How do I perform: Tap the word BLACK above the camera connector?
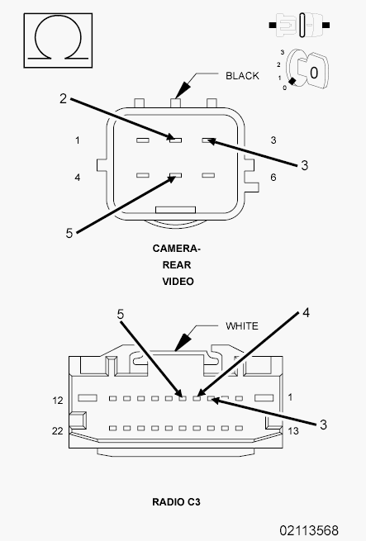pyautogui.click(x=242, y=76)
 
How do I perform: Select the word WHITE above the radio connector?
pyautogui.click(x=242, y=326)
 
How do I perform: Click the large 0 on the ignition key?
pyautogui.click(x=313, y=73)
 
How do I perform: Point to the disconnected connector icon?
pyautogui.click(x=299, y=25)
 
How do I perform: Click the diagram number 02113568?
pyautogui.click(x=309, y=530)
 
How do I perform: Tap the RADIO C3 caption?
pyautogui.click(x=176, y=502)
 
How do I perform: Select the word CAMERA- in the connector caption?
pyautogui.click(x=176, y=249)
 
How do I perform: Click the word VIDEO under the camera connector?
pyautogui.click(x=178, y=282)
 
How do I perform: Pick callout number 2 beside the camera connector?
pyautogui.click(x=63, y=98)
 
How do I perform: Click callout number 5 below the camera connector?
pyautogui.click(x=69, y=233)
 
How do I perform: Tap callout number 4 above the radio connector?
pyautogui.click(x=306, y=312)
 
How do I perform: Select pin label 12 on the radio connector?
pyautogui.click(x=58, y=401)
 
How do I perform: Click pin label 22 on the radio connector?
pyautogui.click(x=57, y=431)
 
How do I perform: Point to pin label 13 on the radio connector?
pyautogui.click(x=293, y=431)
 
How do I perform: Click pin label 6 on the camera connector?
pyautogui.click(x=273, y=178)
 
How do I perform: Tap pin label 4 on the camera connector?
pyautogui.click(x=78, y=178)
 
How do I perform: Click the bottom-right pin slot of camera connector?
pyautogui.click(x=208, y=175)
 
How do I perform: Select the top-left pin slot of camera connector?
pyautogui.click(x=143, y=140)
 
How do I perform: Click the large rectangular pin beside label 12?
pyautogui.click(x=88, y=398)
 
